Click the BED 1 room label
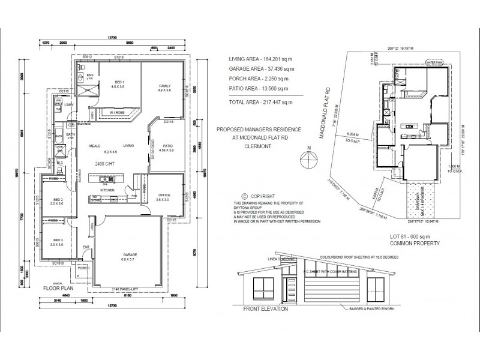coord(119,82)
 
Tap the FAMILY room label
coord(164,85)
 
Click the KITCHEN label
coord(107,190)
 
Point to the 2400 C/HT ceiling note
coord(104,163)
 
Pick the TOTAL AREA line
coord(260,103)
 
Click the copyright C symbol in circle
coord(244,196)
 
